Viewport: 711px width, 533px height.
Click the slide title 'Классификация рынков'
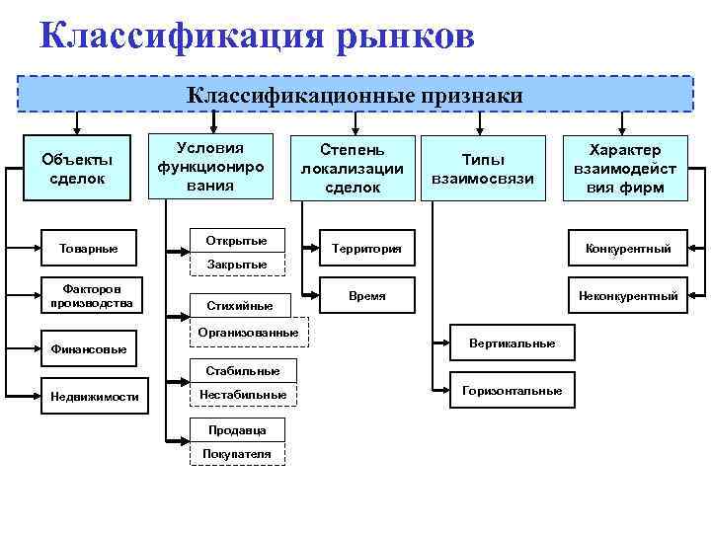(258, 37)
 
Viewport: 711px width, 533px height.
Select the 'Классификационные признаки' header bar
(355, 95)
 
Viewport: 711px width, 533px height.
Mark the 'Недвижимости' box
(94, 397)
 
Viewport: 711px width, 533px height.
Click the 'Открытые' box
(236, 241)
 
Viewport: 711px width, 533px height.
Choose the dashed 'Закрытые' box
(236, 265)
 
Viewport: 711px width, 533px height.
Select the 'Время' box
(367, 295)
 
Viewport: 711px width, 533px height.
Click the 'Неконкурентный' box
(626, 295)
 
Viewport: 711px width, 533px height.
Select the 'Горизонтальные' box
(512, 391)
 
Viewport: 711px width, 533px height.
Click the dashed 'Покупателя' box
(236, 453)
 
